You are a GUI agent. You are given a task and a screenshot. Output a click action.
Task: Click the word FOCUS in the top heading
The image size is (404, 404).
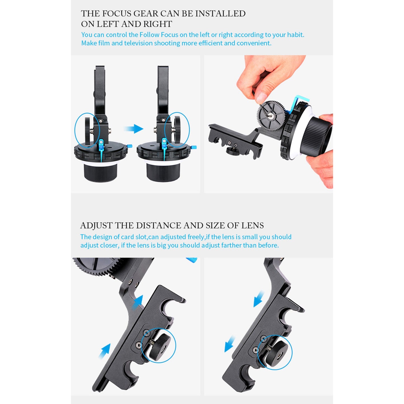117,13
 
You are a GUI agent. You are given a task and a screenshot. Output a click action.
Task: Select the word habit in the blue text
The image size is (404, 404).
295,35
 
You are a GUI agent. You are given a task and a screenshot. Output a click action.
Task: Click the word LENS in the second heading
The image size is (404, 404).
252,225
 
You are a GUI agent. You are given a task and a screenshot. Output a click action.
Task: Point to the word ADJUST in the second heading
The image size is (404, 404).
96,225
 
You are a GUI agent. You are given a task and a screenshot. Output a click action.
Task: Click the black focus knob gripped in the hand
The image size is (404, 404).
317,135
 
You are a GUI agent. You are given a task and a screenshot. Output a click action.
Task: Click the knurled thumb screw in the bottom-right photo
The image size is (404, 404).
277,351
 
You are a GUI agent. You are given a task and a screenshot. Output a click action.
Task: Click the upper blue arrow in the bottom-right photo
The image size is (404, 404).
258,298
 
